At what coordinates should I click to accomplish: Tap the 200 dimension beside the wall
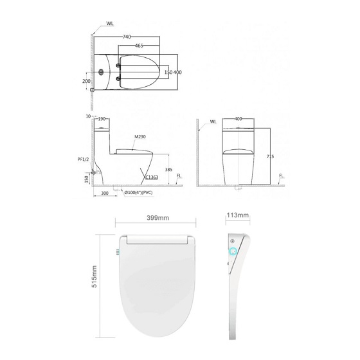pyautogui.click(x=85, y=82)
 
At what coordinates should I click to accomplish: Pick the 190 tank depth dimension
pyautogui.click(x=102, y=119)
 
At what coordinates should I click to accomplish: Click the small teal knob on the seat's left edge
pyautogui.click(x=118, y=251)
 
